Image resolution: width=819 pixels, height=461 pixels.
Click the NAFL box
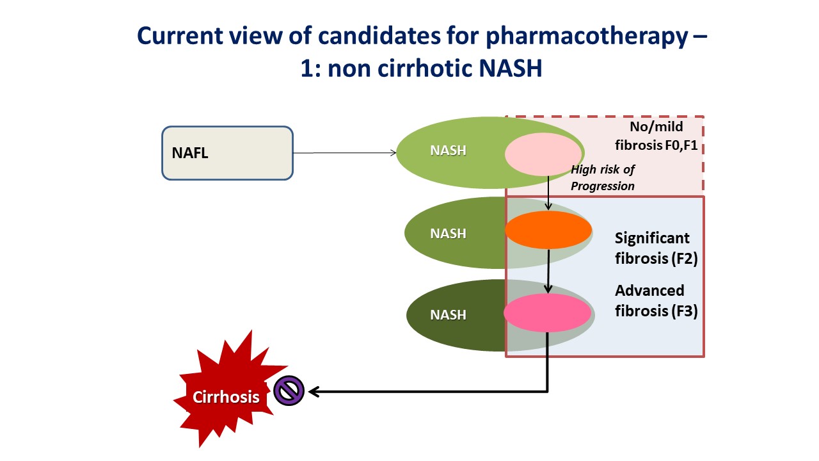[227, 153]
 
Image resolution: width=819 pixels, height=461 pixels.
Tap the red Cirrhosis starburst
[228, 391]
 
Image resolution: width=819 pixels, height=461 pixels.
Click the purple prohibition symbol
[289, 391]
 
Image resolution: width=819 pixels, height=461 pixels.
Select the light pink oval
[543, 154]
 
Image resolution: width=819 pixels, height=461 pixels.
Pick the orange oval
[548, 230]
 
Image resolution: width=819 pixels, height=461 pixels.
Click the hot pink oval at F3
[547, 313]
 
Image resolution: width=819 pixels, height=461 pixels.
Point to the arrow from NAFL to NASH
[345, 153]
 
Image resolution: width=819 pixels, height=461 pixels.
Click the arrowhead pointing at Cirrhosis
[314, 392]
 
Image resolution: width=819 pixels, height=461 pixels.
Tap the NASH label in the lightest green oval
[449, 150]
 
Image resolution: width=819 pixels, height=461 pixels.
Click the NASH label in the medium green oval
[449, 234]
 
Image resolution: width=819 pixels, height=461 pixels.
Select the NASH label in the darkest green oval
[449, 314]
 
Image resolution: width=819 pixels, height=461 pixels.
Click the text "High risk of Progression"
[603, 178]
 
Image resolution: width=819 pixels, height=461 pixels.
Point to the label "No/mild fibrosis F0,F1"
[656, 136]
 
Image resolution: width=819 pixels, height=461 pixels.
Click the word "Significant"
[652, 238]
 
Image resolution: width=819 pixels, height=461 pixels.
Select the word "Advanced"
[649, 291]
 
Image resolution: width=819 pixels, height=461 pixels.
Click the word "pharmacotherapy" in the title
[587, 36]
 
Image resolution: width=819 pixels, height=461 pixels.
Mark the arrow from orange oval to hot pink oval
[548, 271]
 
